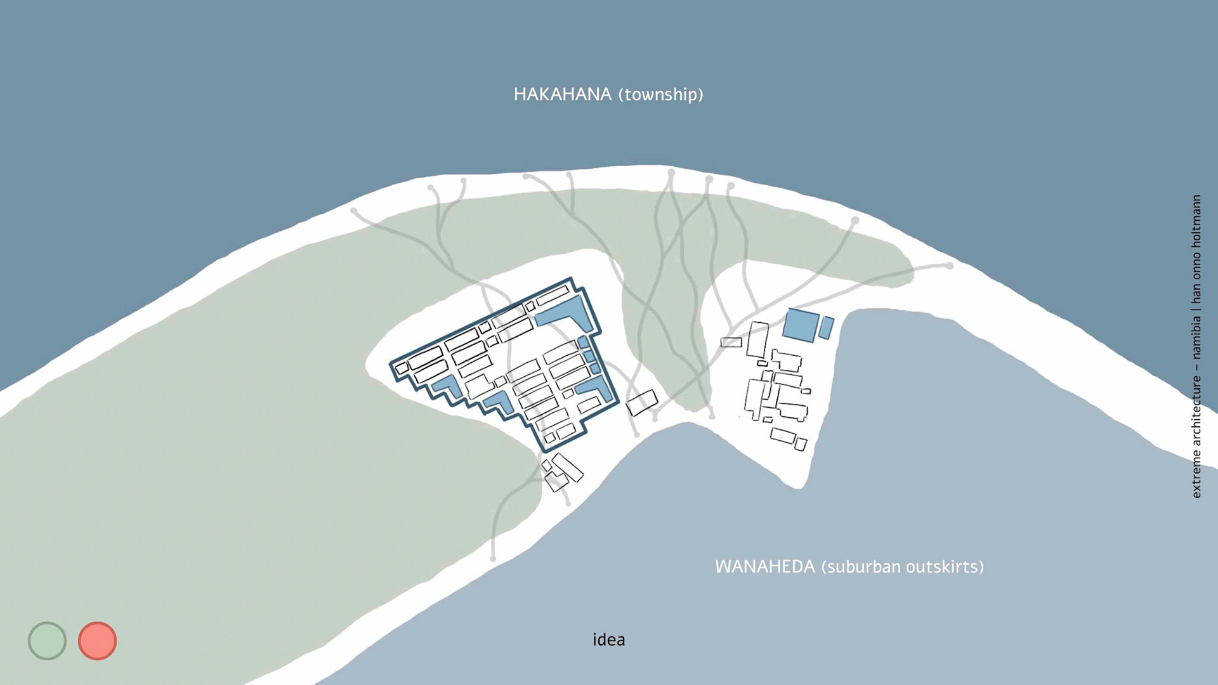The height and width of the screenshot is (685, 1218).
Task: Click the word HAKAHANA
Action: (x=562, y=95)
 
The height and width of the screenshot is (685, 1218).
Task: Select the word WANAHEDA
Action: (x=764, y=566)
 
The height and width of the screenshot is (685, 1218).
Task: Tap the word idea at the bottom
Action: (x=608, y=639)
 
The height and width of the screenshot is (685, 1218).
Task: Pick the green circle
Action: (x=47, y=641)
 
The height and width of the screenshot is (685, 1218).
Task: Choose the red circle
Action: (x=97, y=641)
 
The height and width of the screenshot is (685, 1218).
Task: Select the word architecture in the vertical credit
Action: (x=1196, y=412)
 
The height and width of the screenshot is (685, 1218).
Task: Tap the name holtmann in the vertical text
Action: (x=1196, y=221)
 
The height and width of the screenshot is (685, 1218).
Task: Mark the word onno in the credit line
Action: (x=1196, y=266)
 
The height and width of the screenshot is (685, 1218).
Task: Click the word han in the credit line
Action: (x=1196, y=293)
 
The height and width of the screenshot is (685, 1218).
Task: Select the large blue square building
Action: (x=801, y=325)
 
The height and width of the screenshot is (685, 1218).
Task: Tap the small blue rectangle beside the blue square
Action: (x=826, y=327)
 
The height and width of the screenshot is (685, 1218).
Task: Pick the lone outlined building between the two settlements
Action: (x=642, y=403)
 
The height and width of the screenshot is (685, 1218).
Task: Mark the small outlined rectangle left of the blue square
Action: (x=731, y=342)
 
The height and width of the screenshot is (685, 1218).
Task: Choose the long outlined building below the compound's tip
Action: (x=568, y=467)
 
